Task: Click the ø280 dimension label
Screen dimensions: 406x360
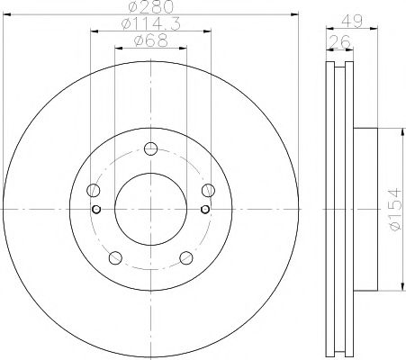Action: click(x=151, y=6)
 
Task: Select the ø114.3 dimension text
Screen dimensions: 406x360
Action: click(x=151, y=24)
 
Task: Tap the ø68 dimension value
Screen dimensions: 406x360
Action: click(x=151, y=40)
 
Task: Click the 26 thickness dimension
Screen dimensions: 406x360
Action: click(x=340, y=41)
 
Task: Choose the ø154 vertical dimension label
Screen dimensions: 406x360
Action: click(x=395, y=209)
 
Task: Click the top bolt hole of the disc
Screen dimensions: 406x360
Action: click(x=150, y=148)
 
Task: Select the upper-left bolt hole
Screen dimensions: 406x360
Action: click(x=93, y=190)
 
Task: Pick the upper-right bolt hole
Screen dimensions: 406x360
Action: click(x=208, y=190)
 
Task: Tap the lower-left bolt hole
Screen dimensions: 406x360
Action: click(x=115, y=257)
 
